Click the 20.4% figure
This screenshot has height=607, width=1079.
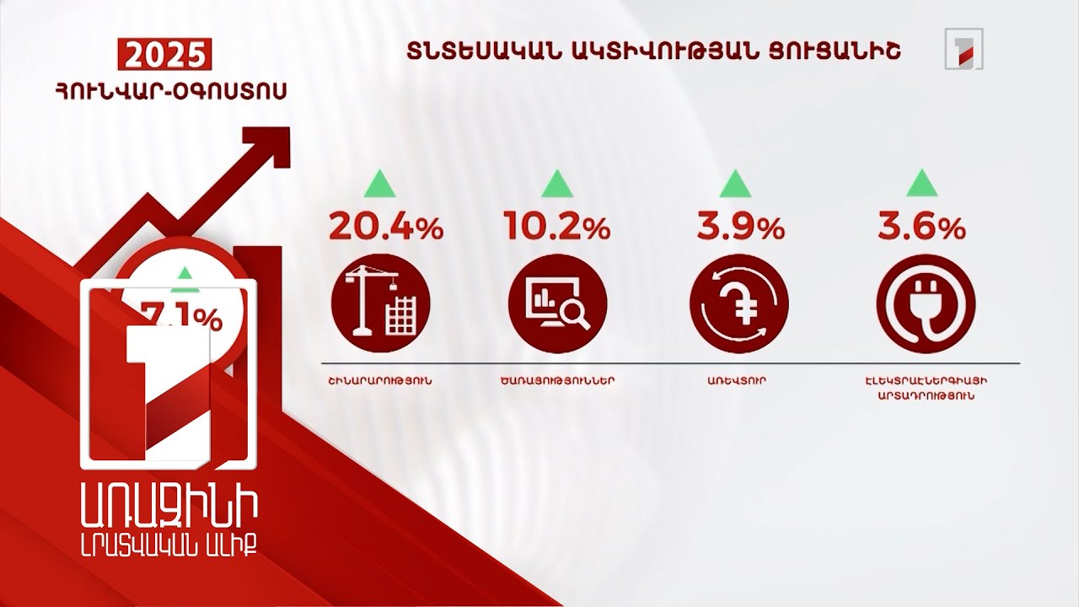(x=385, y=227)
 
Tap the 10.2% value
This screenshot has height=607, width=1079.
(x=556, y=227)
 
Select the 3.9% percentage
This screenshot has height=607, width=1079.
(x=740, y=227)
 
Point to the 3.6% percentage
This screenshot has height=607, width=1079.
(x=921, y=227)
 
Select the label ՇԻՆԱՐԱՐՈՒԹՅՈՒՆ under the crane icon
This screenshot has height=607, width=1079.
(x=380, y=380)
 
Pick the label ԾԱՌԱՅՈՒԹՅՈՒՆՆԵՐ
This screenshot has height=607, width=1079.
(x=557, y=380)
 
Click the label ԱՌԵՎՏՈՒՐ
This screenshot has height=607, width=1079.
(x=737, y=380)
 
